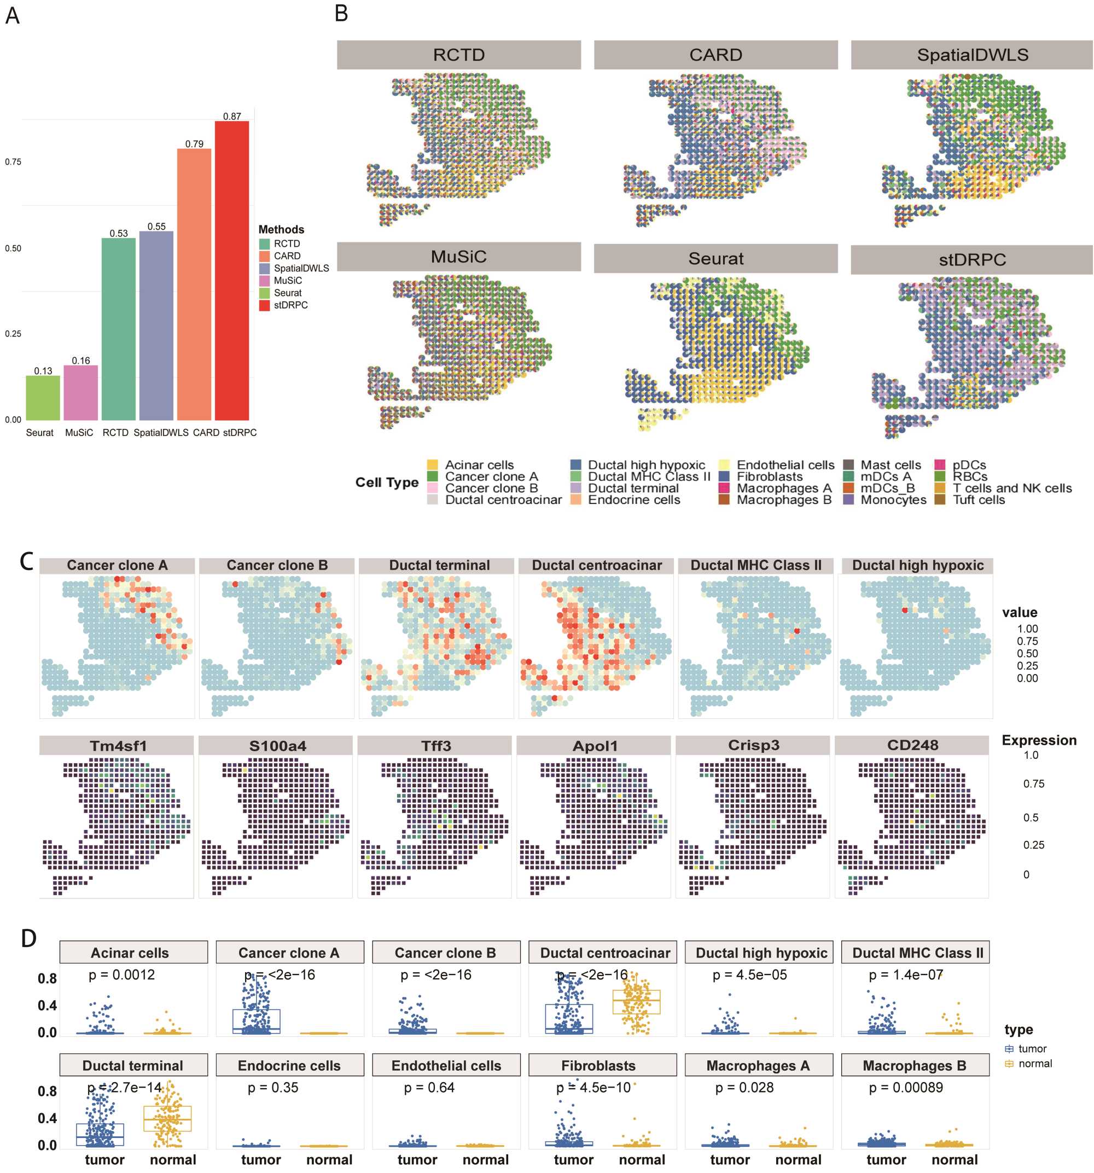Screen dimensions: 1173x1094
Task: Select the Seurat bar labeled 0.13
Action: (43, 398)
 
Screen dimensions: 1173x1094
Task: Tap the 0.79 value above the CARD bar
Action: (194, 144)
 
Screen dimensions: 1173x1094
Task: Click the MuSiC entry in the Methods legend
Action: (287, 281)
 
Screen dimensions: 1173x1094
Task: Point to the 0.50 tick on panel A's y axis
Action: (13, 248)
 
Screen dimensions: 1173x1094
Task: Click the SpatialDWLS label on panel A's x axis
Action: (160, 433)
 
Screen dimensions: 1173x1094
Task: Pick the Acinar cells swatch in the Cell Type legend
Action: (433, 465)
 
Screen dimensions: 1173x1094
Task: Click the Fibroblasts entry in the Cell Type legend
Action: (770, 477)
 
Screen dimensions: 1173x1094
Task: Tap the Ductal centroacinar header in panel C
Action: (596, 565)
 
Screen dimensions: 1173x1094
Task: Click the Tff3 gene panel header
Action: (435, 746)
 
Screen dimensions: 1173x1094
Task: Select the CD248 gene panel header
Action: (912, 745)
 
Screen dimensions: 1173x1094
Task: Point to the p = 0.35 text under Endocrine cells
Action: (272, 1088)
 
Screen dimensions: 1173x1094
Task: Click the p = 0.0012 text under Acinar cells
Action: (121, 975)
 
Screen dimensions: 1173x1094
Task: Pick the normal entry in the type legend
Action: (1034, 1063)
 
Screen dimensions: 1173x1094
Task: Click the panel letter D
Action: (28, 938)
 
